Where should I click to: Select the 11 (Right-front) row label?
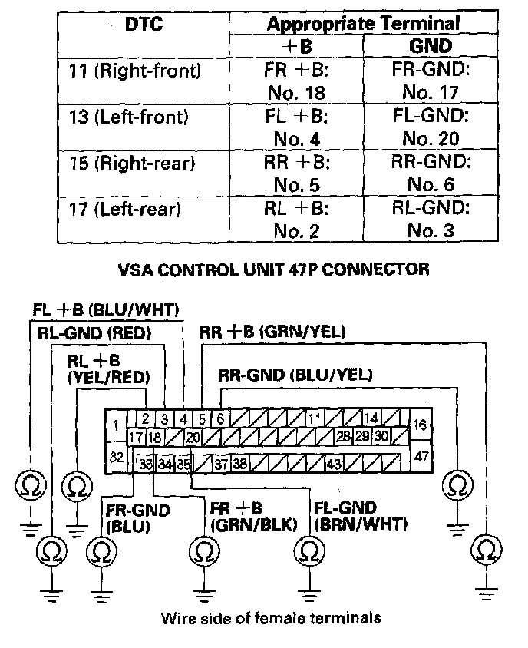coord(134,72)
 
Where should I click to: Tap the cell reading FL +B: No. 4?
coord(295,128)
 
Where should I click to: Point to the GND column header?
coord(431,45)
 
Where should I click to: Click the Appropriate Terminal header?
coord(363,24)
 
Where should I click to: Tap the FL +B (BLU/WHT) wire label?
coord(106,310)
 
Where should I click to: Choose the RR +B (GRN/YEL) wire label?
coord(272,332)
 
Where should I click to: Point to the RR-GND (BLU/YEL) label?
coord(295,375)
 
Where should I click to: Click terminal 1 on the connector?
coord(115,425)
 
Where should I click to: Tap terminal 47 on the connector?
coord(420,456)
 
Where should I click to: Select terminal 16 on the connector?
coord(420,425)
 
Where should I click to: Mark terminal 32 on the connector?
coord(116,457)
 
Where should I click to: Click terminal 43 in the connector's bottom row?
coord(334,465)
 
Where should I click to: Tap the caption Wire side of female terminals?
coord(270,617)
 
